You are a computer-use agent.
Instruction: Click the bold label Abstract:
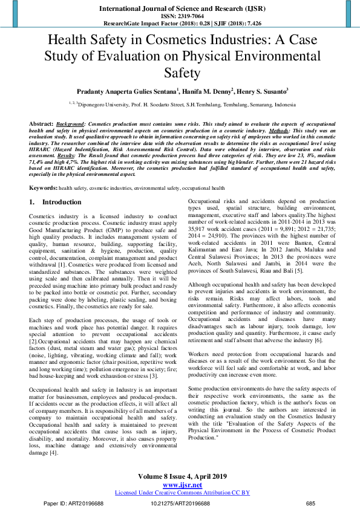coord(41,123)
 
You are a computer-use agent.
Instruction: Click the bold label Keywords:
coord(43,188)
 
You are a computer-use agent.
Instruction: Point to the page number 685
coord(311,502)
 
